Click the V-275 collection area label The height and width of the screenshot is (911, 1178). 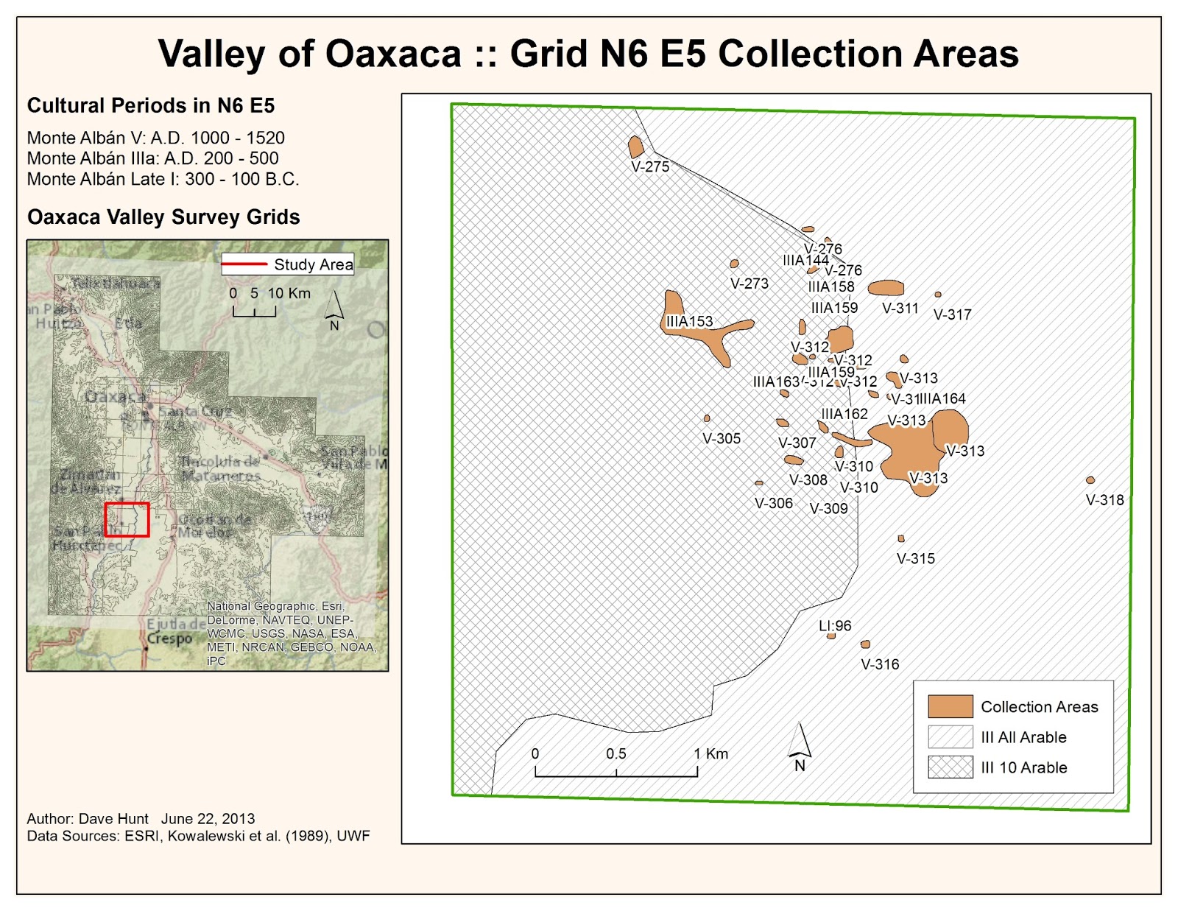[x=650, y=167]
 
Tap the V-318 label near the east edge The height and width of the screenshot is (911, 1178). [x=1104, y=500]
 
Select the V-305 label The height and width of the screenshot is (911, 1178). [x=722, y=439]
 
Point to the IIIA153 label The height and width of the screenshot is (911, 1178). [x=690, y=322]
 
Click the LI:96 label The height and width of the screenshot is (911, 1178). [x=835, y=626]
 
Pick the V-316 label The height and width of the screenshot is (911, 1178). [x=880, y=664]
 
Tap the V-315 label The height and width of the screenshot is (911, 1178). [x=916, y=559]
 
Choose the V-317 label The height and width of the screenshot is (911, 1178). [x=952, y=315]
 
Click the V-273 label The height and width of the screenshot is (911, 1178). [x=750, y=284]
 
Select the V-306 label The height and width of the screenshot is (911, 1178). [x=774, y=504]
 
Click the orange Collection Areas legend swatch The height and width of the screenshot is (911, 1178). [x=950, y=707]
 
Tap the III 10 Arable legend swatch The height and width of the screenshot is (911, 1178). [x=950, y=767]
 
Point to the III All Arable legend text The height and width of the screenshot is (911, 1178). [x=1023, y=737]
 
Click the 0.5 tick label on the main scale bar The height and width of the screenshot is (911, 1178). [x=616, y=754]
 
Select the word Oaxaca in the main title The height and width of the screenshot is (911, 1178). [x=393, y=54]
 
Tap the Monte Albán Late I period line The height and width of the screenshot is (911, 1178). [x=163, y=180]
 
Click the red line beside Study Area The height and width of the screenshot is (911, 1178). [x=244, y=264]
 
